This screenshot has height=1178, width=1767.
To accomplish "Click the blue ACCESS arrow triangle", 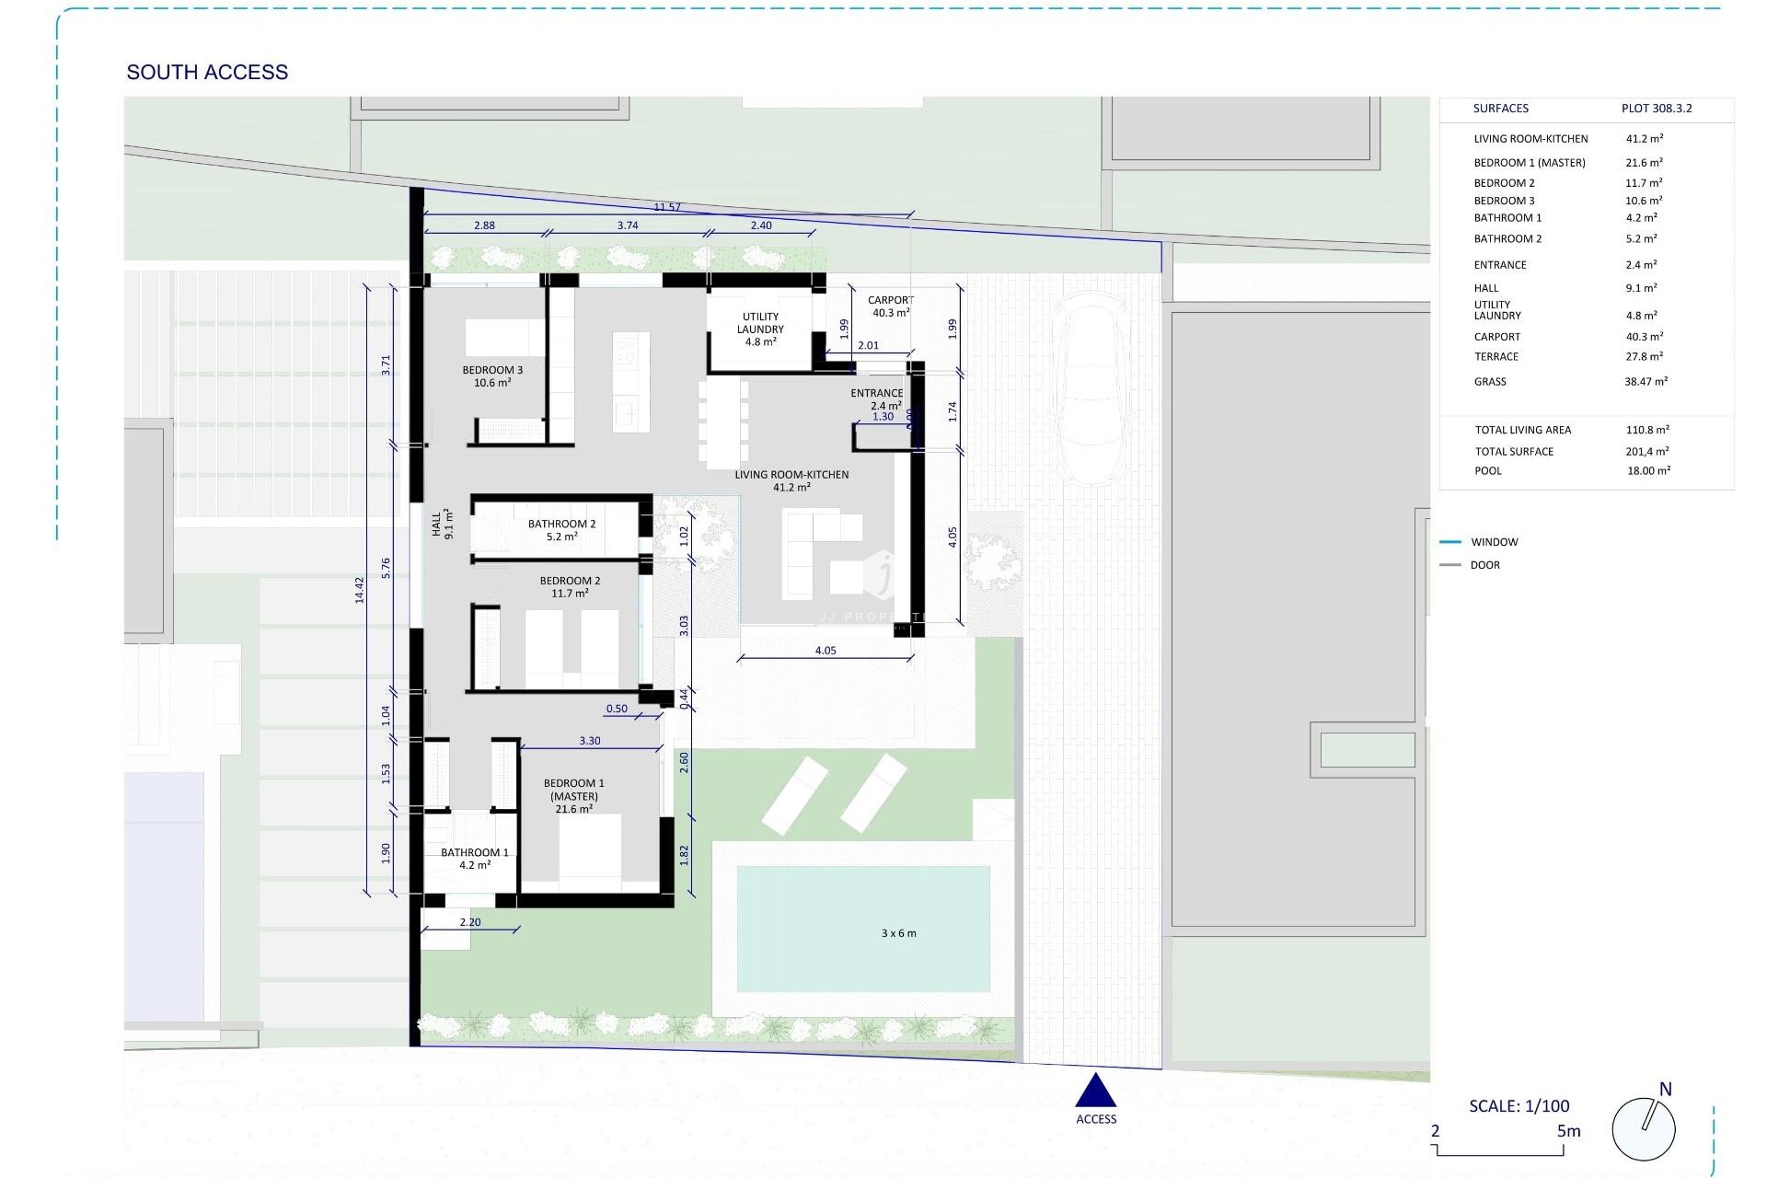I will [1096, 1091].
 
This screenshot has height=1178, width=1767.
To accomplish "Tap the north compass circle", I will [1644, 1128].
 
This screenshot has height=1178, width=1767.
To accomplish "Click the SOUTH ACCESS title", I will [207, 72].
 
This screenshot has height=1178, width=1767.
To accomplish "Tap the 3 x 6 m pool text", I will [898, 933].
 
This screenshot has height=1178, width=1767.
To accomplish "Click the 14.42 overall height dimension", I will [360, 590].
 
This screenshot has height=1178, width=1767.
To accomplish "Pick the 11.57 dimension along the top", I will [667, 207].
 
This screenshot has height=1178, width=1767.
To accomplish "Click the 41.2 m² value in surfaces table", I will [1644, 139].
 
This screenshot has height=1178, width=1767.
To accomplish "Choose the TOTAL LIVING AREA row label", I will [1522, 430].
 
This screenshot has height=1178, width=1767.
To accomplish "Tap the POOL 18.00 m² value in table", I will [1648, 470].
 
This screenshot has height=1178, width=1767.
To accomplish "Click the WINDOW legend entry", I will [1494, 542].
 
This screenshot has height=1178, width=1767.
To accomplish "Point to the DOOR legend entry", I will [1484, 565].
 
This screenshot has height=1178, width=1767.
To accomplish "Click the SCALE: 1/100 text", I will [1519, 1106].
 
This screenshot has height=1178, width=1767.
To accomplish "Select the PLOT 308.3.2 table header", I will [1656, 109].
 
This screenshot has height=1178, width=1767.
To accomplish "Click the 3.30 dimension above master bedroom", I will [590, 741].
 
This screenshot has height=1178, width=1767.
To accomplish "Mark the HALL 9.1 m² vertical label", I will [443, 524].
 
